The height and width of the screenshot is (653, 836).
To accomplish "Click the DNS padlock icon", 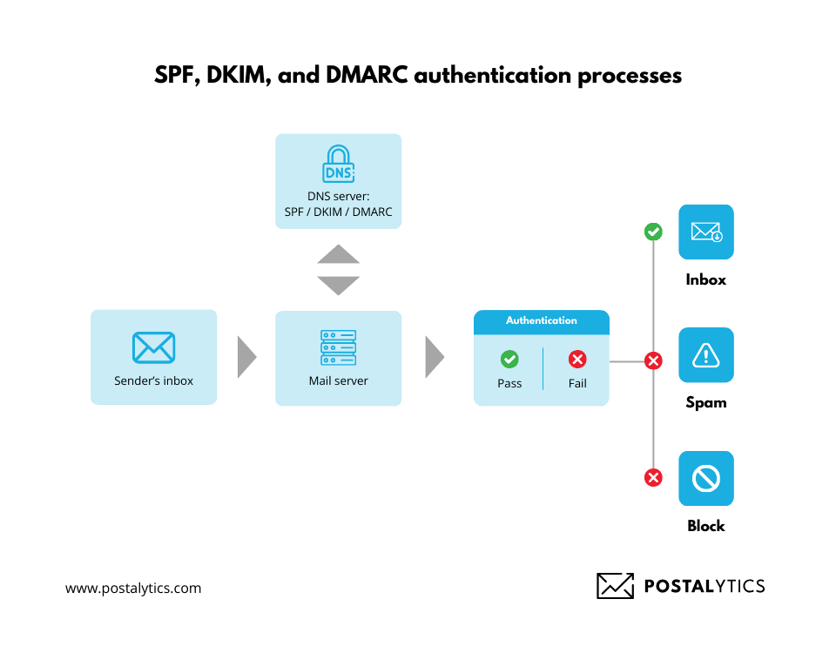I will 339,165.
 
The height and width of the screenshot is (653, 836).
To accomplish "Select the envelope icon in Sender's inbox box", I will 153,347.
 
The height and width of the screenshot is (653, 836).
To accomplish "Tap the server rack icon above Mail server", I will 338,347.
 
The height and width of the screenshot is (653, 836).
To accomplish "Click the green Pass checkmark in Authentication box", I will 509,359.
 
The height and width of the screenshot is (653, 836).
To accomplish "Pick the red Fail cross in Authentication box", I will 577,359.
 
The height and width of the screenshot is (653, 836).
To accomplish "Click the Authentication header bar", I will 541,321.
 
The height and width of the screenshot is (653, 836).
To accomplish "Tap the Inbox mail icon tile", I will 706,232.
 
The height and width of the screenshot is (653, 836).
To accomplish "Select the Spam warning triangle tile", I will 706,355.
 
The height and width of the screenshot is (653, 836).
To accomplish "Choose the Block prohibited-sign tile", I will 706,478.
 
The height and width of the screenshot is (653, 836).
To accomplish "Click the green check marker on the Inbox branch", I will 653,232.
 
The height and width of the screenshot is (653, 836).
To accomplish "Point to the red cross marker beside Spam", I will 653,360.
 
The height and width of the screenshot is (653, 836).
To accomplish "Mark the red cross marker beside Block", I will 653,477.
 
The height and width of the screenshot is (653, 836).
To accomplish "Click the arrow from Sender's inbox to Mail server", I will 246,357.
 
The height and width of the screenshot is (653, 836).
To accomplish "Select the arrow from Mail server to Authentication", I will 435,357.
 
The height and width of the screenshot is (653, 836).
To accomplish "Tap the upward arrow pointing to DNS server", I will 338,254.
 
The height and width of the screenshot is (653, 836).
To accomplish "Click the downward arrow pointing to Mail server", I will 338,285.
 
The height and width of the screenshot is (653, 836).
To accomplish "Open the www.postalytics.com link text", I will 133,589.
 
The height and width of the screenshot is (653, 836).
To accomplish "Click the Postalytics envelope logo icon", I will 615,586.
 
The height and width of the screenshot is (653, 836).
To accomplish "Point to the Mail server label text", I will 338,381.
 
